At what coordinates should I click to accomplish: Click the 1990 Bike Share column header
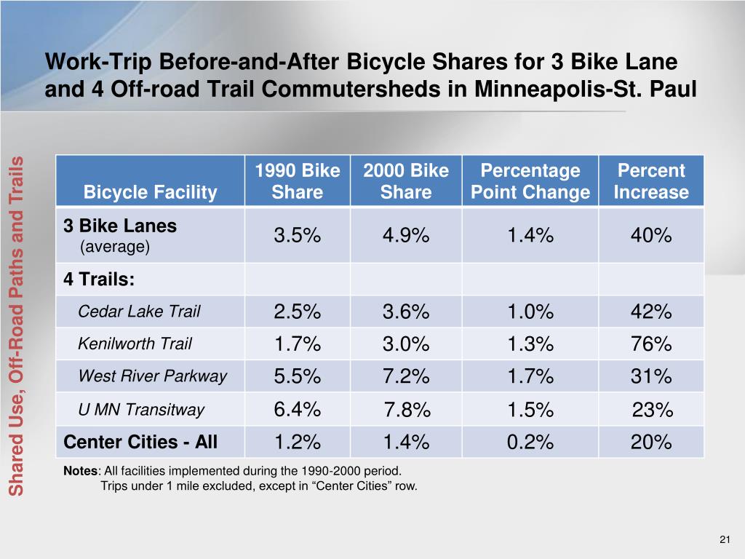click(x=297, y=181)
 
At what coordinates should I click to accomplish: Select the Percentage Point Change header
click(x=530, y=181)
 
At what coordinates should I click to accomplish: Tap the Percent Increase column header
click(x=651, y=181)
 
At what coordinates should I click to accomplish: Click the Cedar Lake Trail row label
click(x=139, y=312)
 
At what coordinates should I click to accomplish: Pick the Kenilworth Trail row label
click(x=135, y=344)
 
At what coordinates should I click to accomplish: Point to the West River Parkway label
click(x=152, y=376)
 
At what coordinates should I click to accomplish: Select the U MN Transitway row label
click(x=141, y=410)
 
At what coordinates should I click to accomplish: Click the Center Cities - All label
click(x=140, y=442)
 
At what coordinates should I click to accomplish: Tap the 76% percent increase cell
click(x=651, y=344)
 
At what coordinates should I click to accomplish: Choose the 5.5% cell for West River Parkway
click(x=297, y=377)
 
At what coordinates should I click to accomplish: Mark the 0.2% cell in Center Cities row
click(x=530, y=443)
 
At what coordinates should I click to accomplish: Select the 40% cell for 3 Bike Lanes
click(x=651, y=236)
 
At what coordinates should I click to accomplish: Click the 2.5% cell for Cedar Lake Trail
click(x=297, y=312)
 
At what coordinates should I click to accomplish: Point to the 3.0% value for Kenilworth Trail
click(x=406, y=344)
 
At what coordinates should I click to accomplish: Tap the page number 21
click(x=724, y=539)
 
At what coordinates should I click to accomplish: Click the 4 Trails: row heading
click(x=99, y=279)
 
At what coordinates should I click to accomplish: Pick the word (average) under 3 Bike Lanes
click(x=114, y=247)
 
